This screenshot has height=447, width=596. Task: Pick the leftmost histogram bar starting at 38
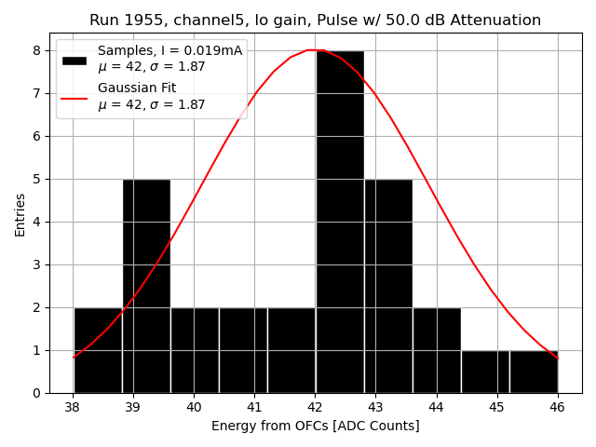[x=98, y=350]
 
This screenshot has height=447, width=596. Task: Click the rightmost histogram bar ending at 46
[x=534, y=372]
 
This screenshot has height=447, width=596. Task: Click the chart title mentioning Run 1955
[x=315, y=20]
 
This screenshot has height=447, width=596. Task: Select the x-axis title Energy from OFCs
[x=315, y=426]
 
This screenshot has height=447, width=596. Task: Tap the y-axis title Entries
[x=20, y=214]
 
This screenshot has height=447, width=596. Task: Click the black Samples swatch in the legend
[x=74, y=60]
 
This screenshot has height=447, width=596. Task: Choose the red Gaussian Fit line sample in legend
[x=74, y=97]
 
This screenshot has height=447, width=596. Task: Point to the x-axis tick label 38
[x=73, y=407]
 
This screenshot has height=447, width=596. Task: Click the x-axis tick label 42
[x=315, y=407]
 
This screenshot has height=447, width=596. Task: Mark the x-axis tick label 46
[x=557, y=407]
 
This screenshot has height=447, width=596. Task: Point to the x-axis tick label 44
[x=436, y=407]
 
